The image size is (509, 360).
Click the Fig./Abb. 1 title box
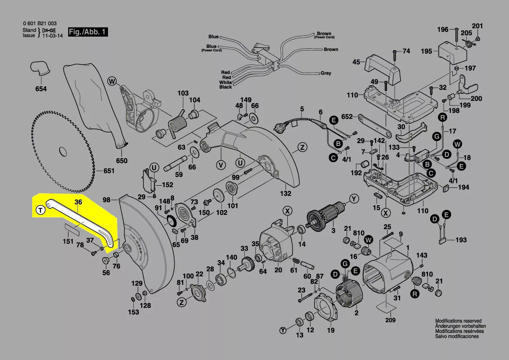click(87, 32)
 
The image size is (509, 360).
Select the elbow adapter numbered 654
click(40, 69)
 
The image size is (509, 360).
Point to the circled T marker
click(40, 211)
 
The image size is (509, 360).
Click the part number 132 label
click(285, 194)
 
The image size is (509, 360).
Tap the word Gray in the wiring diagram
click(326, 73)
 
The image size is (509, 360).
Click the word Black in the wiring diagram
click(226, 87)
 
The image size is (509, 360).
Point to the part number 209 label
click(390, 320)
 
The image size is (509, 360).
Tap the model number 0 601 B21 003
click(39, 24)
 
